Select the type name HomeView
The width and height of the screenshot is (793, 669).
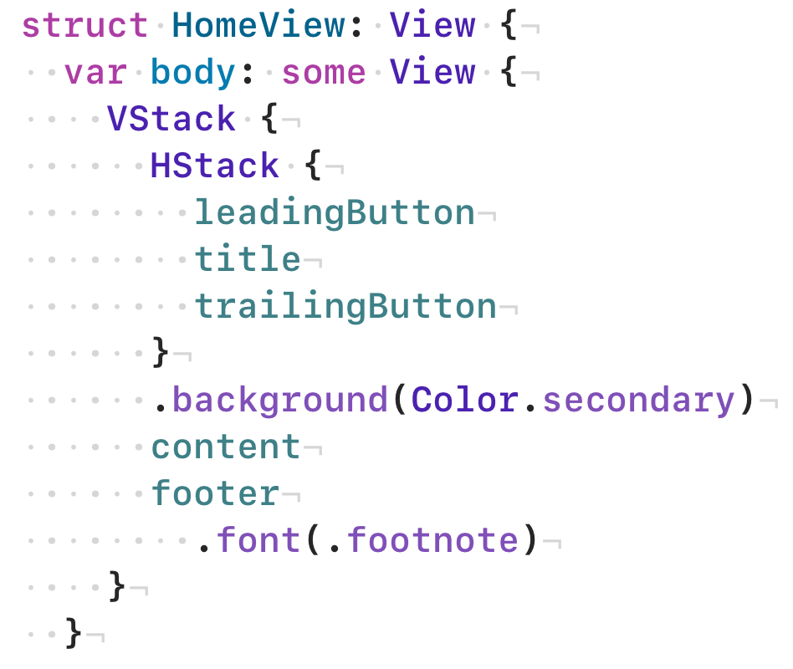pos(258,26)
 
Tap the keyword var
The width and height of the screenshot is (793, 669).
pos(95,73)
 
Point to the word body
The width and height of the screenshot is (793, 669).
pos(193,73)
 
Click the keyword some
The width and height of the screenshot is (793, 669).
pos(324,73)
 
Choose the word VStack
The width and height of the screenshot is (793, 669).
pos(171,120)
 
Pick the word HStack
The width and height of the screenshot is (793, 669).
pos(215,166)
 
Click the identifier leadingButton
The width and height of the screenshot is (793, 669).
pos(335,213)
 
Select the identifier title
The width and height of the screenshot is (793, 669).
pos(248,260)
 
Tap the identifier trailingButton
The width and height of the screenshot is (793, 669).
pos(345,307)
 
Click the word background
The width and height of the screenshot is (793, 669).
pos(279,401)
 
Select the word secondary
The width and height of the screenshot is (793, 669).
pos(637,401)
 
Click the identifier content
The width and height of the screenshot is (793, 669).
pos(226,447)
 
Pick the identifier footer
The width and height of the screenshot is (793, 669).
pos(215,494)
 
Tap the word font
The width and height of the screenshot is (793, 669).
pos(258,541)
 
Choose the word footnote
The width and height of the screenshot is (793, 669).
pos(432,541)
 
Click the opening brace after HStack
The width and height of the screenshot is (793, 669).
pos(313,166)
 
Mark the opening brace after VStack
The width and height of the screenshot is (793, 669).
pos(269,120)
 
